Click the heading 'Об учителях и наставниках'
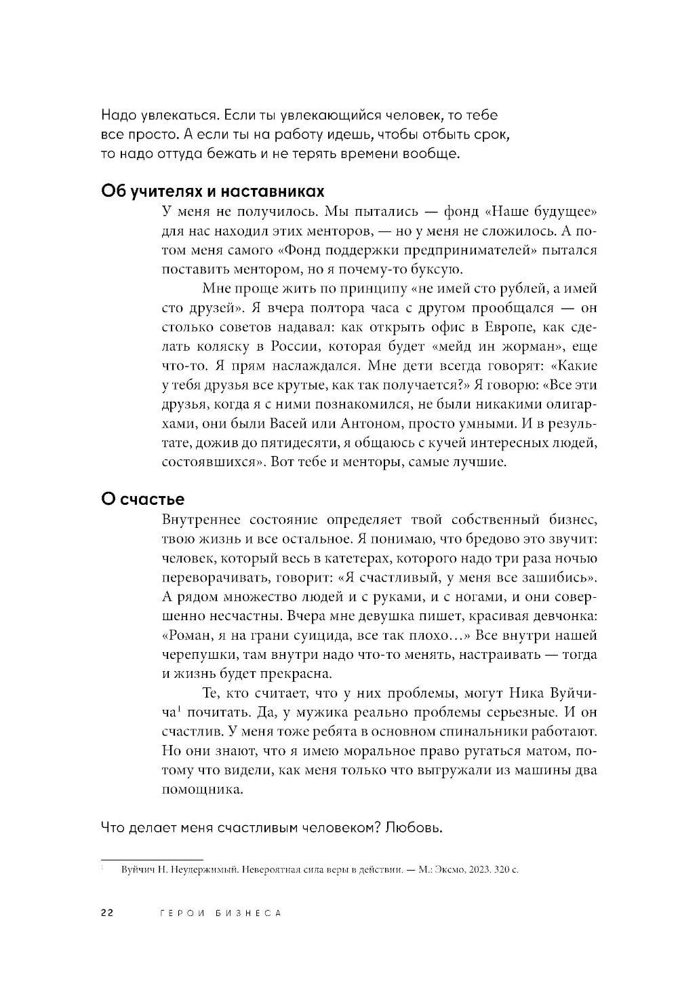coord(212,190)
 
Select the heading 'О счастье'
coord(142,499)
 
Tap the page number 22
coord(107,913)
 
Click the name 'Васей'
coord(292,424)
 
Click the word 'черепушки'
coord(198,655)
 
